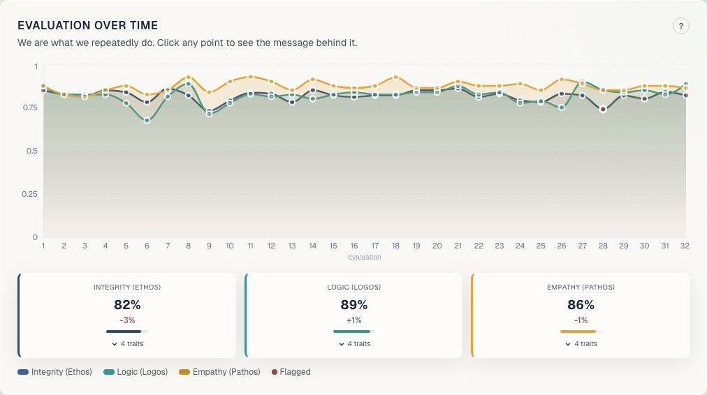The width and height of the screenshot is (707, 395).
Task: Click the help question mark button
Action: click(x=681, y=26)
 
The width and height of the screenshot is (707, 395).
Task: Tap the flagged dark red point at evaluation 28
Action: click(x=603, y=109)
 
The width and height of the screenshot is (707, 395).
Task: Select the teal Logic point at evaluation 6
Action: click(x=147, y=121)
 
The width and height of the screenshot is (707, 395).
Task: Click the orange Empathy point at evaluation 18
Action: click(x=395, y=77)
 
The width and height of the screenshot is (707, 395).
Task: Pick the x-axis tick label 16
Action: click(x=354, y=246)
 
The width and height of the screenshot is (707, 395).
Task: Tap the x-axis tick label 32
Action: click(x=685, y=246)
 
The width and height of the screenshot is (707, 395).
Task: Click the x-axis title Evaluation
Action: click(x=364, y=258)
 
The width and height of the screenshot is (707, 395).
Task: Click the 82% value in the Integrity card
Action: click(x=127, y=305)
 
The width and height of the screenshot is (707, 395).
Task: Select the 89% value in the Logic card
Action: click(x=353, y=305)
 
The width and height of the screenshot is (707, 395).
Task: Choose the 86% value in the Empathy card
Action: click(x=581, y=305)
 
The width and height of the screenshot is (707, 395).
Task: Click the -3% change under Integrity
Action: click(x=127, y=320)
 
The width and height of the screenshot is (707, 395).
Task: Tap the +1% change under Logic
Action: click(x=353, y=320)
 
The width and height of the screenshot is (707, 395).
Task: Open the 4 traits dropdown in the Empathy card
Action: click(x=581, y=343)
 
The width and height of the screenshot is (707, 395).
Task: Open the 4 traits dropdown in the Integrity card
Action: click(x=127, y=343)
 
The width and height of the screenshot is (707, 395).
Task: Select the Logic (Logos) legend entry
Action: click(x=136, y=372)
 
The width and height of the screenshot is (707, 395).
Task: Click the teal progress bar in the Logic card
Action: click(x=353, y=331)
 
